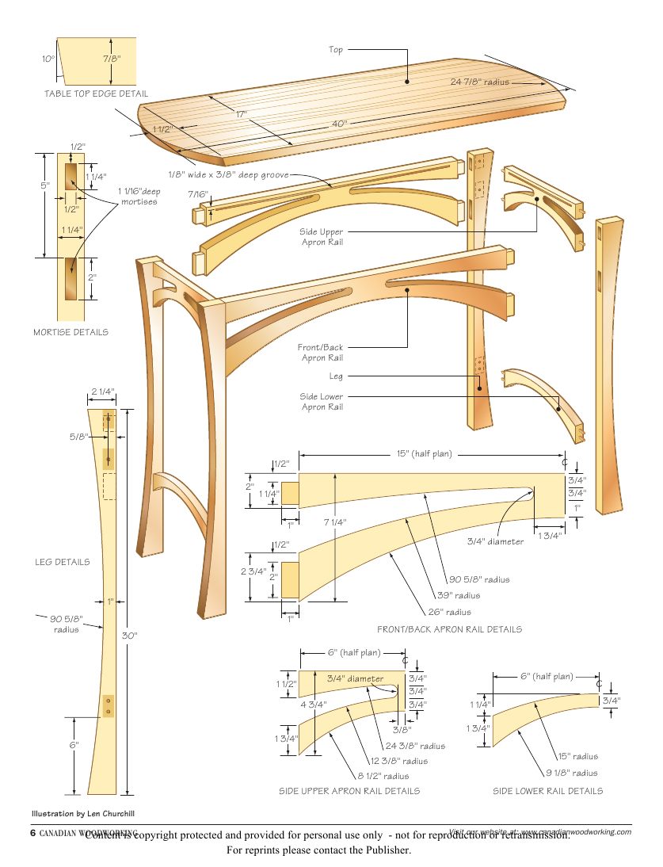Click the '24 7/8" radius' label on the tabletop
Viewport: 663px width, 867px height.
(x=479, y=82)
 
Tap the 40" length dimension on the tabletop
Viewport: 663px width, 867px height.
(x=340, y=124)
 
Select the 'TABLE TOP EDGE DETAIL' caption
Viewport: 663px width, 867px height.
(x=96, y=94)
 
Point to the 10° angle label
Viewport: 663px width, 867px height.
(x=48, y=59)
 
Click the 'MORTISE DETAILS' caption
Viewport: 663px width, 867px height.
(x=71, y=332)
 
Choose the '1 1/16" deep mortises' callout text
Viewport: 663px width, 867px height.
(x=139, y=196)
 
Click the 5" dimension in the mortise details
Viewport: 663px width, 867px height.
(x=45, y=185)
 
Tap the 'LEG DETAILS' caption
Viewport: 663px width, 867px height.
(x=62, y=562)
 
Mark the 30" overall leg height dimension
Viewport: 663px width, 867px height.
(x=129, y=636)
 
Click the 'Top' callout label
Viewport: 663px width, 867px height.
(x=336, y=50)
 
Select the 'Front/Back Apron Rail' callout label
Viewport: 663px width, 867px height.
(x=321, y=353)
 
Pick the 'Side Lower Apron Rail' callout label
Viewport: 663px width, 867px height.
(x=322, y=401)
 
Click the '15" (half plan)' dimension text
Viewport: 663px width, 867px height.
(x=424, y=454)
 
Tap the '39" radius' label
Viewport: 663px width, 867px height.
(x=459, y=595)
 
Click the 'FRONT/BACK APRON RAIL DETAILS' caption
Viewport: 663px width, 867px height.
(x=449, y=629)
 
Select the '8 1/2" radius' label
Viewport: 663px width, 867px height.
(x=383, y=777)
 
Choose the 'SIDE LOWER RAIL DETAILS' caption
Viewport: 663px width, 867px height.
(x=547, y=791)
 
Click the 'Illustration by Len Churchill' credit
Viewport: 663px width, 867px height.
(x=89, y=814)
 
